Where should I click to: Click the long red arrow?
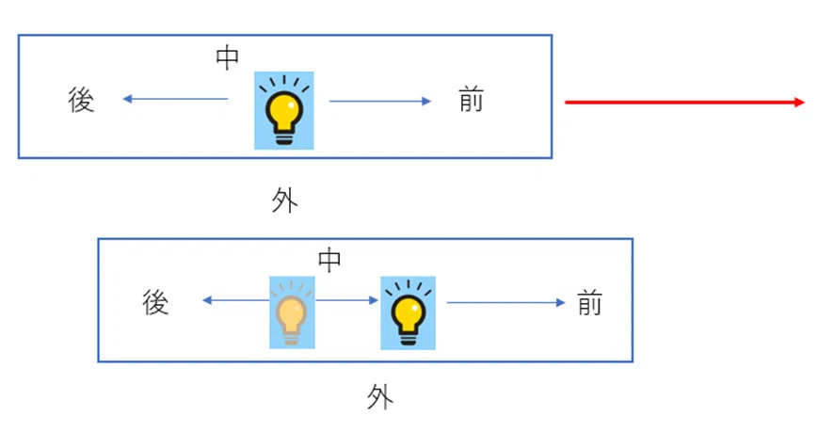tap(684, 103)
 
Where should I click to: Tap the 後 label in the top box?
tap(81, 100)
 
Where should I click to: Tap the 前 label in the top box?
tap(472, 100)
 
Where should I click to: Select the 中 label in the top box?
tap(227, 58)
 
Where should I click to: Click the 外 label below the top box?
tap(284, 200)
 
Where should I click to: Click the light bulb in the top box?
tap(284, 111)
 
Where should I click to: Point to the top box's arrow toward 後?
tap(175, 99)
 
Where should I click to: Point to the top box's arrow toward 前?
tap(380, 101)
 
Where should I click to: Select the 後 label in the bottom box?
tap(156, 302)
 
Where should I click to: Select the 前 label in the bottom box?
tap(590, 303)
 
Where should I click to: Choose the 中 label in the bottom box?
tap(329, 261)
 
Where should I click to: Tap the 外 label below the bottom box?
tap(380, 397)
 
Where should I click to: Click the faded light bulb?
tap(292, 312)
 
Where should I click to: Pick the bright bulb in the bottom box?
tap(408, 312)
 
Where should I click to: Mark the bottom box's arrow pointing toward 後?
tap(236, 300)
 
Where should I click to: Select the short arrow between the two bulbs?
tap(346, 300)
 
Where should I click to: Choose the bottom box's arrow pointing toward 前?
tap(505, 303)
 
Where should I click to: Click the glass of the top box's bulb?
tap(284, 109)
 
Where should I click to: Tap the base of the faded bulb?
tap(291, 338)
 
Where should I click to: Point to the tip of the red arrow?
tap(805, 103)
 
